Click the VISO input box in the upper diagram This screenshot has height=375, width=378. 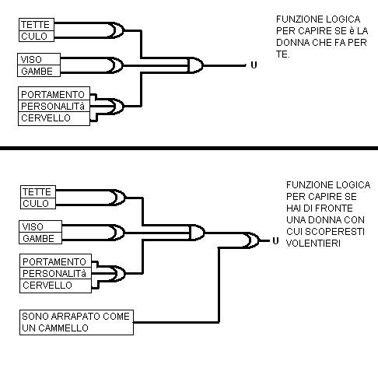point(39,59)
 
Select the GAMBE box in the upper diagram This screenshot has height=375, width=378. point(39,71)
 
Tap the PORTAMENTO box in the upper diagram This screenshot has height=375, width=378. point(54,93)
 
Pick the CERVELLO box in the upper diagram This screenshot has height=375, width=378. point(54,119)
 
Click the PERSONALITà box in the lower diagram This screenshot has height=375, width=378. point(55,273)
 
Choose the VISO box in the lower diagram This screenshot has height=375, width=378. point(40,226)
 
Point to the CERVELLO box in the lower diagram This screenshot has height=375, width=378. point(55,286)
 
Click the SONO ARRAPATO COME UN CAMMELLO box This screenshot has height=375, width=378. point(76,322)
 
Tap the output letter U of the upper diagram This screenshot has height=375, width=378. point(254,65)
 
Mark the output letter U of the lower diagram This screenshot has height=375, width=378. point(275,241)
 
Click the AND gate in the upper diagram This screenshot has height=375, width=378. point(195,65)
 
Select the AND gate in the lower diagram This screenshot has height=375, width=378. point(197,233)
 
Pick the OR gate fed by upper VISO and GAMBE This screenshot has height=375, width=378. point(116,65)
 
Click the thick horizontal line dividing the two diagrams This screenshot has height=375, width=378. point(189,148)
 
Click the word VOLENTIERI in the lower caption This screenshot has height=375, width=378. point(313,244)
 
